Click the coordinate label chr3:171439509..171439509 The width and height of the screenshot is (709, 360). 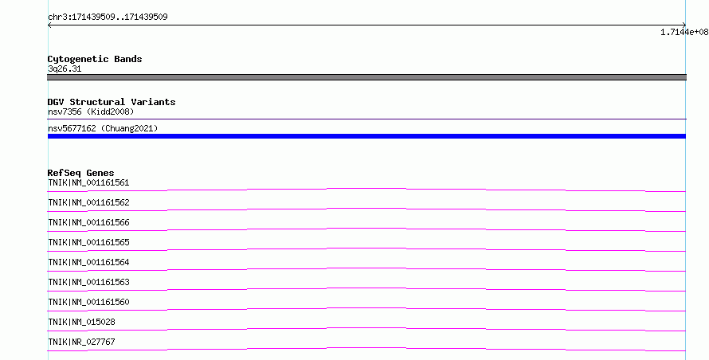coord(108,18)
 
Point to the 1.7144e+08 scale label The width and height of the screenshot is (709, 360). coord(684,32)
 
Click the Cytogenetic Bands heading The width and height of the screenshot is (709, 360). coord(95,59)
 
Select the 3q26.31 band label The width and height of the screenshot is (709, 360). coord(65,68)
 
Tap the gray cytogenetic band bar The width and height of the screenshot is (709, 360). coord(366,77)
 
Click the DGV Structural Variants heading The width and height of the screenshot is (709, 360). coord(112,102)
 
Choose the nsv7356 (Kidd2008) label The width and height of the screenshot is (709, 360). coord(91,112)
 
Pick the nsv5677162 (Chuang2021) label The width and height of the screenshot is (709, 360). coord(103,128)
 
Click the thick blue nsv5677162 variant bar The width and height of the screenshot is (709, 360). coord(366,136)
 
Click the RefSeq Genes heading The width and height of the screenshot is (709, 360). coord(81,173)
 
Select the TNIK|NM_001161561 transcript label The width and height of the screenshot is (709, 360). coord(88,182)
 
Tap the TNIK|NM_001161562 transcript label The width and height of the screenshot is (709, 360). coord(88,202)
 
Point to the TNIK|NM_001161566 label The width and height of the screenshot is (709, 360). coord(88,222)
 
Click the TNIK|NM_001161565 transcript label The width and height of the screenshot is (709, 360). coord(88,242)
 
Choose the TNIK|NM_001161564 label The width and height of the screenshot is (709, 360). coord(88,262)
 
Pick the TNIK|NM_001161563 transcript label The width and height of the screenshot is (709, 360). coord(88,282)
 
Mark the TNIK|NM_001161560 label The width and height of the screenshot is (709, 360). coord(88,302)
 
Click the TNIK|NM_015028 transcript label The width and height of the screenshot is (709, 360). coord(81,322)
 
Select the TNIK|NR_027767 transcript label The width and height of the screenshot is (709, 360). coord(81,342)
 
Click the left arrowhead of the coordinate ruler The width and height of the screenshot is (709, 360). coord(49,25)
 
